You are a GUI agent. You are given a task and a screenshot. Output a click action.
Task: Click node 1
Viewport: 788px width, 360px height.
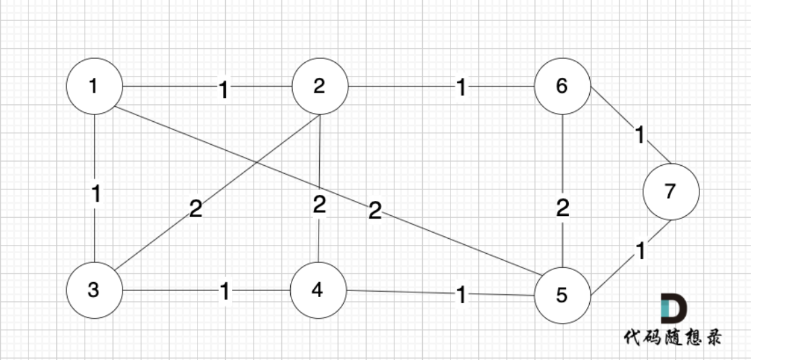(94, 87)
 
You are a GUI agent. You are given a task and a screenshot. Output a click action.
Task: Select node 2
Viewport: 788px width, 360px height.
(319, 87)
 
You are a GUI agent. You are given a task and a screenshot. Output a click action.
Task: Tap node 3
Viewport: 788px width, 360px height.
(94, 290)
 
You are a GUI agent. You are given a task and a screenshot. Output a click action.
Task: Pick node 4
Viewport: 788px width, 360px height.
(318, 290)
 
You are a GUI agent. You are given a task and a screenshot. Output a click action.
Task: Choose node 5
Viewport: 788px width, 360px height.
(562, 295)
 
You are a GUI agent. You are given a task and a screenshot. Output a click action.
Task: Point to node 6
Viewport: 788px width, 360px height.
(562, 87)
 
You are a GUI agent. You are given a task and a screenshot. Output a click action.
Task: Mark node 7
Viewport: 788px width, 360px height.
(670, 192)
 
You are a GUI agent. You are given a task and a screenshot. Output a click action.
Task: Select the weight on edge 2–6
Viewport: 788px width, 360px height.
(461, 88)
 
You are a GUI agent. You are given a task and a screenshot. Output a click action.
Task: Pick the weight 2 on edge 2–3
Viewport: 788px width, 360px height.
(195, 209)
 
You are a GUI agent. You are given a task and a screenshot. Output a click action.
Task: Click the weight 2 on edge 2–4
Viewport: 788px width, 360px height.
(319, 204)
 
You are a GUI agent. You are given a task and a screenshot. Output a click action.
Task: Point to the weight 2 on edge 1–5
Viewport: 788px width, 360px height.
(375, 211)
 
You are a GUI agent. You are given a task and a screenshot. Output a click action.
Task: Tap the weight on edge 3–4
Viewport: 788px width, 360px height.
(225, 292)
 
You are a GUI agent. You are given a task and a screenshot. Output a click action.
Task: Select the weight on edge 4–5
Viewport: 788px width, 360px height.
(461, 295)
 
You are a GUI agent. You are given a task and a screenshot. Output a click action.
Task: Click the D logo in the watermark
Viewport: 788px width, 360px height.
(672, 309)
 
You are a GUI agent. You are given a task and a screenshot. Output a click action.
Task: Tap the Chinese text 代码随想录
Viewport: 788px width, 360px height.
(672, 336)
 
